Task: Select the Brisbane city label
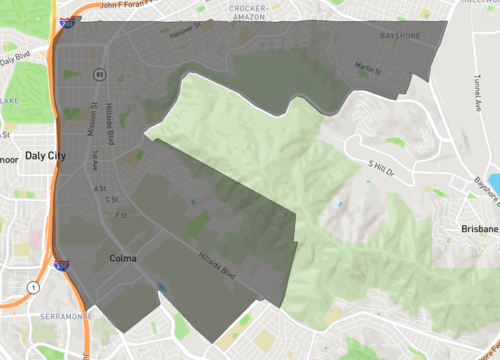point(479,229)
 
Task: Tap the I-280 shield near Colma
point(61,265)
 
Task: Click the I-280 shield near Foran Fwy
point(66,21)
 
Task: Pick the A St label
point(99,188)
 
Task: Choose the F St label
point(120,214)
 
